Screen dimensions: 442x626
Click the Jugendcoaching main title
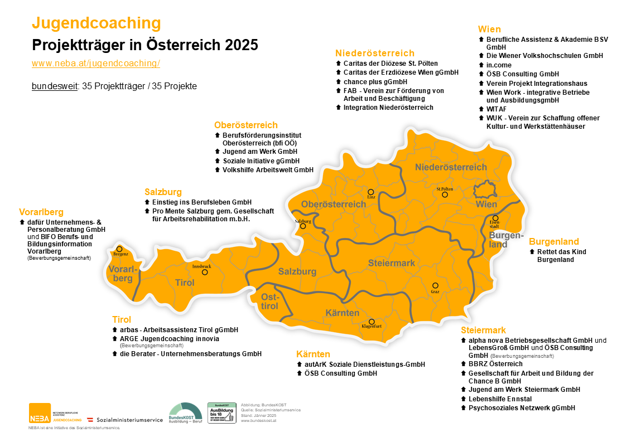click(x=97, y=23)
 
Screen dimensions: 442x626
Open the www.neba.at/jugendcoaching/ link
click(x=96, y=64)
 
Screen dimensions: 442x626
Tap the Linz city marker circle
click(x=371, y=192)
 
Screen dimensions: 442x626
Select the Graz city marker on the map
click(x=435, y=285)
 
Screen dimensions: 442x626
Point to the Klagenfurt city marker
click(x=372, y=321)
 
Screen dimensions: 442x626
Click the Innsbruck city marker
click(x=204, y=273)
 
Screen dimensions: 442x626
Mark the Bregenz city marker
click(x=119, y=249)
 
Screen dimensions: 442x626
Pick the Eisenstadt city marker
click(x=495, y=218)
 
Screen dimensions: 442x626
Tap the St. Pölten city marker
click(x=445, y=195)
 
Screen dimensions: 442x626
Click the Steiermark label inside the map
click(x=391, y=263)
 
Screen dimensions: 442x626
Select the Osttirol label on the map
click(x=269, y=302)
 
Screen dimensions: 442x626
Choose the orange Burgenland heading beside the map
click(x=553, y=242)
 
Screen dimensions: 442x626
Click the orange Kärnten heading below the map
click(x=313, y=354)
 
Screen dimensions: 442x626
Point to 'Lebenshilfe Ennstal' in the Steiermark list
click(x=500, y=399)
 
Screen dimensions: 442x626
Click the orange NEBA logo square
click(x=40, y=413)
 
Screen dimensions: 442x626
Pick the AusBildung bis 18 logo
click(x=221, y=413)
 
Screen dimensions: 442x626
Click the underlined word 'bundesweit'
click(x=55, y=86)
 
